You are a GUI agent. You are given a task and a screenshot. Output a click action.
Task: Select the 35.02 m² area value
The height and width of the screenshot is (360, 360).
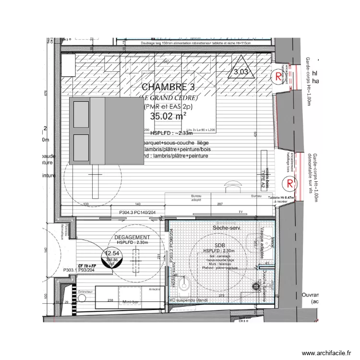click(168, 116)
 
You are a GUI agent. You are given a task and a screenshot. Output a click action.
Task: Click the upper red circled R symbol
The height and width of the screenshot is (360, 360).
click(277, 75)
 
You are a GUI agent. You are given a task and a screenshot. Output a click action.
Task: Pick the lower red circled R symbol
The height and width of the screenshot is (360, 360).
click(289, 183)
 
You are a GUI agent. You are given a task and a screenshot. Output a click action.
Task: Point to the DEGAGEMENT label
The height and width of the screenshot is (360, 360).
click(132, 237)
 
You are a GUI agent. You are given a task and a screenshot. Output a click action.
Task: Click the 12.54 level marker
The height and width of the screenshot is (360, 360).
click(112, 253)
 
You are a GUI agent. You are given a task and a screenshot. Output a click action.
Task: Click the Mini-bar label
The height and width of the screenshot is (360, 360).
click(130, 302)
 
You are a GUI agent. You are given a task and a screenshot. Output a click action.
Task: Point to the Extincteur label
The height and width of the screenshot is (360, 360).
click(85, 291)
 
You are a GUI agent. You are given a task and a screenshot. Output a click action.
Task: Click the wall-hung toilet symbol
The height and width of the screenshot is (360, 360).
click(184, 285)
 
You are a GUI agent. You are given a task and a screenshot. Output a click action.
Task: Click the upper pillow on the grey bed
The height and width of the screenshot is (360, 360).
click(80, 115)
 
